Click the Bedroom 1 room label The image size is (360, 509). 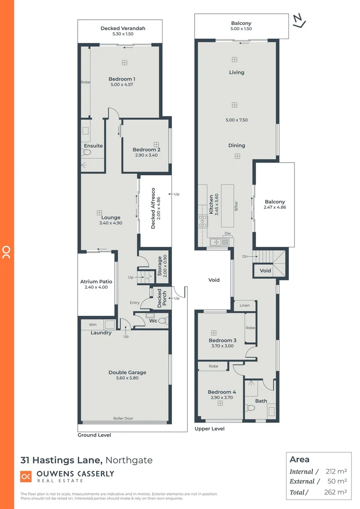pos(122,79)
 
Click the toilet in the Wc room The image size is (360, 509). pos(163,320)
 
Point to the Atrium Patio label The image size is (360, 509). pos(96,282)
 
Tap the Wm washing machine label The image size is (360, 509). pos(92,324)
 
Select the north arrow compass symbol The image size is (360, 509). pos(298,21)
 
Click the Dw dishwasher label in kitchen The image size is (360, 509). pos(227,233)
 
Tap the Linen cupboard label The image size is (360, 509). pos(245,305)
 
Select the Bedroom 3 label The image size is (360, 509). pos(222,340)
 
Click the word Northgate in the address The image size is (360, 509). pos(129,460)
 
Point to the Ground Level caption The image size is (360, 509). pos(94,435)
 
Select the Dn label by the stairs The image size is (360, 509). pos(244,256)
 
